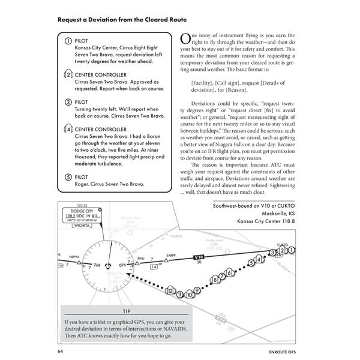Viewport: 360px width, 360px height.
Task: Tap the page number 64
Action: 61,351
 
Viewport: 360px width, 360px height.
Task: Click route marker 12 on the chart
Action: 170,292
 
